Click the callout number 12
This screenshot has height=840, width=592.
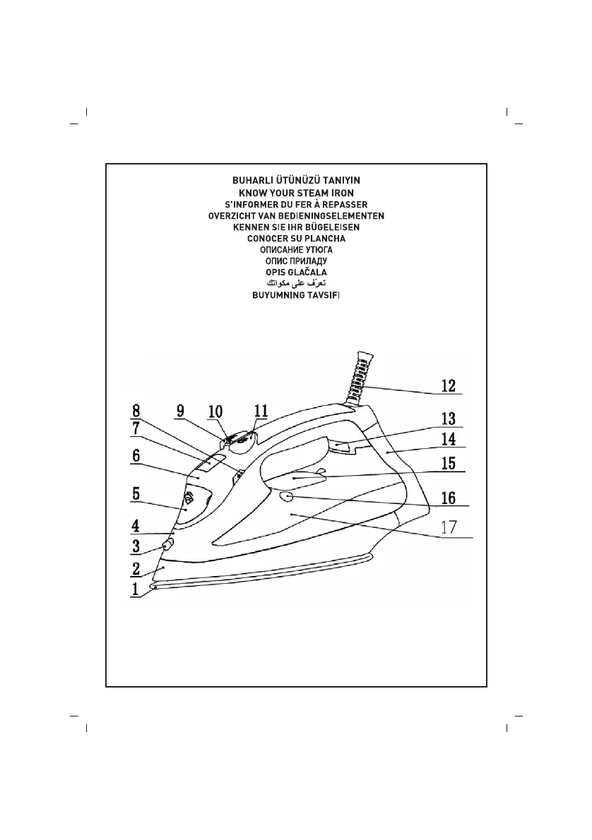448,385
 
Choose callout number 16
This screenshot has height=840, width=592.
448,498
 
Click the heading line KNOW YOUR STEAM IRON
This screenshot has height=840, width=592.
296,193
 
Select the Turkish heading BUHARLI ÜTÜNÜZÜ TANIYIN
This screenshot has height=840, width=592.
296,181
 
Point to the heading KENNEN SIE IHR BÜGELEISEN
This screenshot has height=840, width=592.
296,227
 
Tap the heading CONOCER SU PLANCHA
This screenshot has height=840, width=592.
296,238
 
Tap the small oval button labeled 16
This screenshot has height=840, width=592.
287,497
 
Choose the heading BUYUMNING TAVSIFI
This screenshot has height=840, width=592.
296,295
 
